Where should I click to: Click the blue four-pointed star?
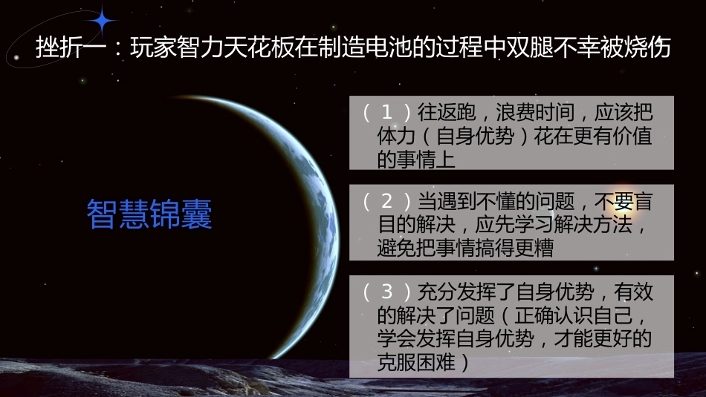pyautogui.click(x=103, y=20)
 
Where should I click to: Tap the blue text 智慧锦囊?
pyautogui.click(x=149, y=214)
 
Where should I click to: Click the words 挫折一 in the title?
pyautogui.click(x=71, y=47)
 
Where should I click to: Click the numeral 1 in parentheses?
pyautogui.click(x=386, y=112)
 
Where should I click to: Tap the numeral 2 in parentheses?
pyautogui.click(x=386, y=201)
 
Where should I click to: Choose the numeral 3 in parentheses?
pyautogui.click(x=386, y=292)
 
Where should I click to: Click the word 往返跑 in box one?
pyautogui.click(x=447, y=112)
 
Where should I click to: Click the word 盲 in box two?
pyautogui.click(x=643, y=201)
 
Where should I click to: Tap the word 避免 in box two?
pyautogui.click(x=397, y=248)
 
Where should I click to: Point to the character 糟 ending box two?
pyautogui.click(x=544, y=248)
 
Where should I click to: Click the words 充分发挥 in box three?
pyautogui.click(x=456, y=292)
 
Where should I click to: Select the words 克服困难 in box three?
pyautogui.click(x=416, y=362)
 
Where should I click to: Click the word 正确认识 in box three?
pyautogui.click(x=554, y=315)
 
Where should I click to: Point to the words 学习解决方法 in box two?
pyautogui.click(x=574, y=225)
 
